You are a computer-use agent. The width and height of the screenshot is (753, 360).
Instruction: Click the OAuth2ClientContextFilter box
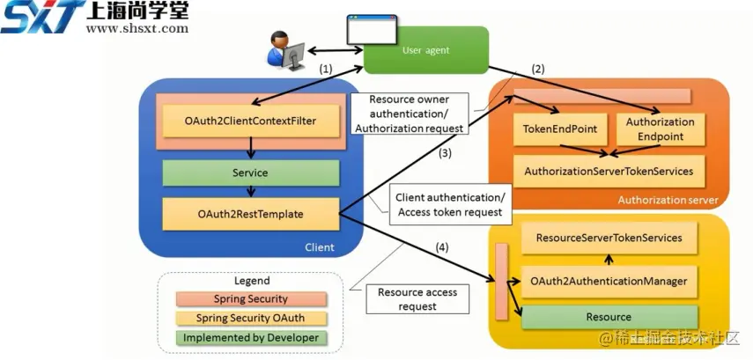250,118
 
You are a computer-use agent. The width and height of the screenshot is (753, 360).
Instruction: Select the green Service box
250,173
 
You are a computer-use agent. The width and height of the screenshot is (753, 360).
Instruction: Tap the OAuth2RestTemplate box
250,212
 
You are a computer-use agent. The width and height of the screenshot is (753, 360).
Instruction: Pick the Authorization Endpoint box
660,129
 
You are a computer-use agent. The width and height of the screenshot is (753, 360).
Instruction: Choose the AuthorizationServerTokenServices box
609,171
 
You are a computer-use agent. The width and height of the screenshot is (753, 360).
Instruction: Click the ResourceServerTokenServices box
609,238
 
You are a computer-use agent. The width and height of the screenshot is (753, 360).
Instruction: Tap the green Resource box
609,317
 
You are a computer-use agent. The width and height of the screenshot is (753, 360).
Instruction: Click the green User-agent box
426,50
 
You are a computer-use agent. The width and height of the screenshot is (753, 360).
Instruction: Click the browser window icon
371,30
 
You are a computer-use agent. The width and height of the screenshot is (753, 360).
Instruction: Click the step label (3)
447,153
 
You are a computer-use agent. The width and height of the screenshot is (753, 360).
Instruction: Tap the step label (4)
441,248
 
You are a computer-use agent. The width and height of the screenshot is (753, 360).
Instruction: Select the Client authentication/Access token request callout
449,204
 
